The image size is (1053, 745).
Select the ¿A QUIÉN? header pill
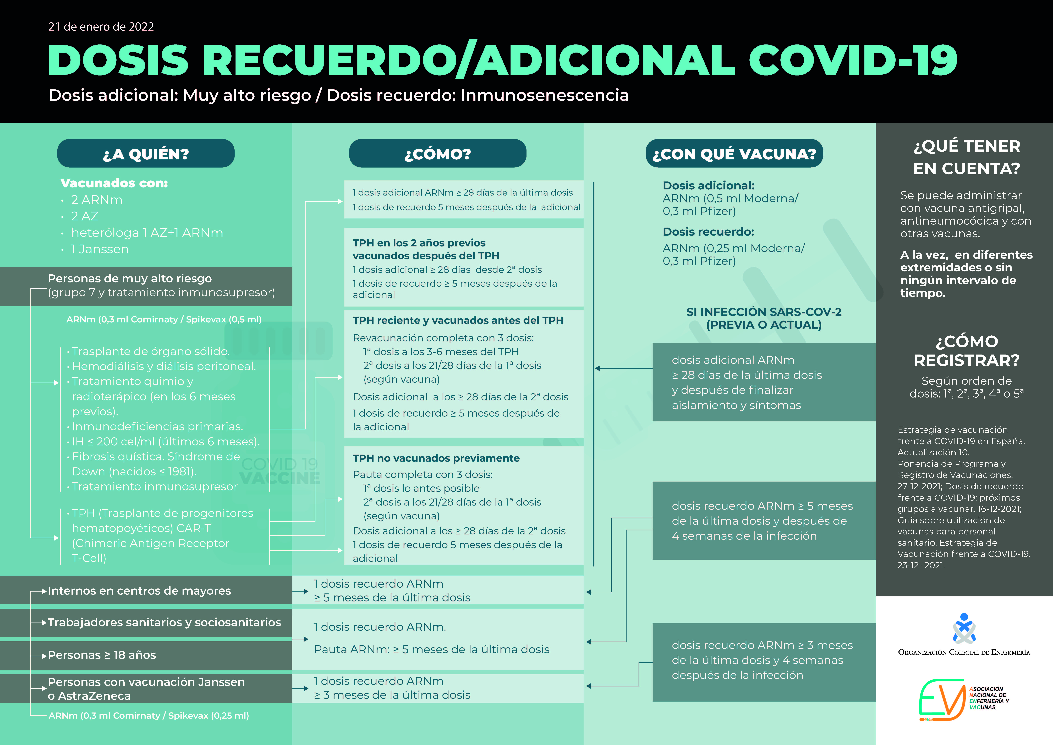[146, 153]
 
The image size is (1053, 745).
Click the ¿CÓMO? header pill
[437, 153]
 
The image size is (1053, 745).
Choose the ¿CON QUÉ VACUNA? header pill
[734, 153]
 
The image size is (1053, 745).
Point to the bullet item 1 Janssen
[100, 249]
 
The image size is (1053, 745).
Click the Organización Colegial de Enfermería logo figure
[964, 629]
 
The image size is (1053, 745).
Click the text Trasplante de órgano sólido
[150, 351]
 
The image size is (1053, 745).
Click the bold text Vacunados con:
[114, 183]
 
